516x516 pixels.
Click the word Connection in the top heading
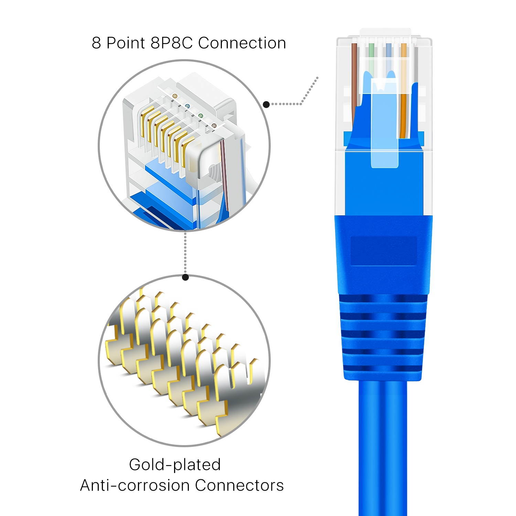coord(242,43)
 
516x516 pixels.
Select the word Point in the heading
coord(126,43)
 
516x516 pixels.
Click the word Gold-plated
coord(175,464)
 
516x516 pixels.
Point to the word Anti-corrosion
coord(136,485)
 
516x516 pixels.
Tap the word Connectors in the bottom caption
coord(239,485)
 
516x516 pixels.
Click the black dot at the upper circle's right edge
coord(266,104)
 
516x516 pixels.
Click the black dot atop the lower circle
coord(185,277)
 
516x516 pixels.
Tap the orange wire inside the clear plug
coord(404,103)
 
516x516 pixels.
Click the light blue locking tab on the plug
coord(385,138)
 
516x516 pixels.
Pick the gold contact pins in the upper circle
coord(165,134)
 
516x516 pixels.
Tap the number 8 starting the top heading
coord(96,43)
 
